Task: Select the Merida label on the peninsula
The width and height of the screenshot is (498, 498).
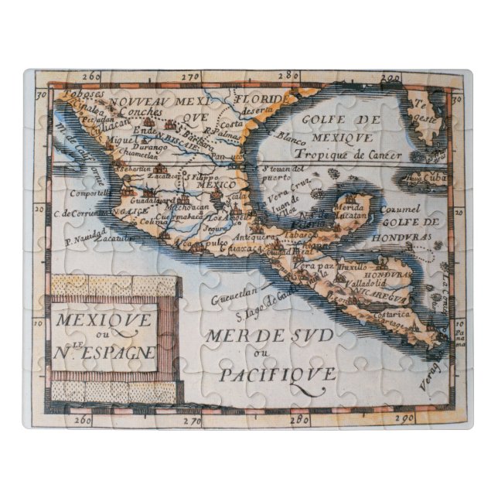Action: coord(349,208)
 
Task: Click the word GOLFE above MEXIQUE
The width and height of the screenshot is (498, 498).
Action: coord(341,120)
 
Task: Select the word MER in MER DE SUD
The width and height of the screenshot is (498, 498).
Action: coord(223,336)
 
